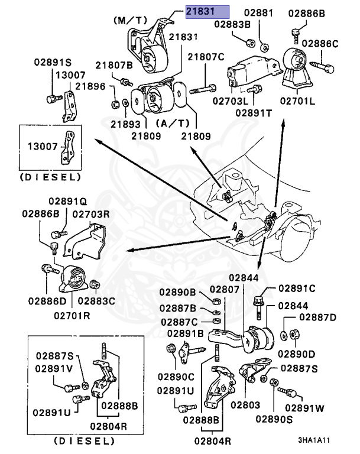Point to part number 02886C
320,43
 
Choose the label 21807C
206,57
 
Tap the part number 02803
245,405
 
